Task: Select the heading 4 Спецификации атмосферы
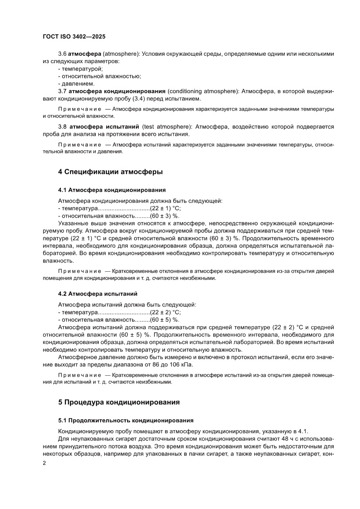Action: tap(111, 172)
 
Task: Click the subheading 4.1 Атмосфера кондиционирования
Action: tap(112, 190)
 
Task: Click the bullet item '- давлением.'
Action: tap(76, 83)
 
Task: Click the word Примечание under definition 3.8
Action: tap(77, 144)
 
